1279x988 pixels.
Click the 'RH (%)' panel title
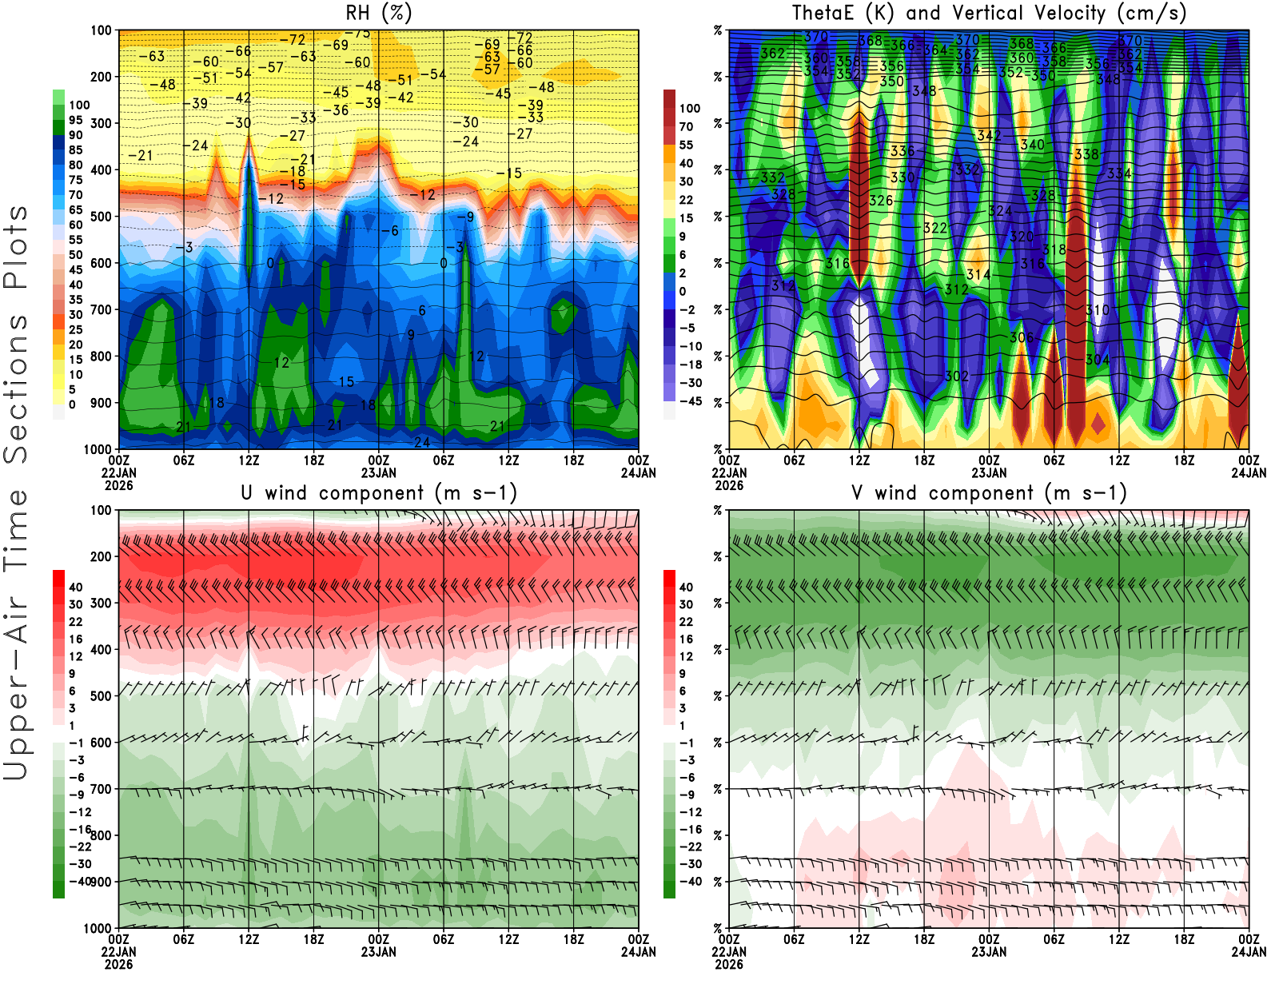tap(378, 13)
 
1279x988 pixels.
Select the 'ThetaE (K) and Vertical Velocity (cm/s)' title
tap(989, 13)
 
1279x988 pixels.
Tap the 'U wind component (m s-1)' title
tap(378, 492)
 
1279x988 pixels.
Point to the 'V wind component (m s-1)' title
tap(989, 492)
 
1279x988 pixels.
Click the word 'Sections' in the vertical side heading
tap(16, 388)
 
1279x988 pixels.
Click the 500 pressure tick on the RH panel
tap(102, 217)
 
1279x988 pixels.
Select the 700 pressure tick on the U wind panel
tap(102, 789)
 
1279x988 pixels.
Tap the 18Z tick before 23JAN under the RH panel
tap(314, 460)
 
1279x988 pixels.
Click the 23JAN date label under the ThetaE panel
tap(989, 472)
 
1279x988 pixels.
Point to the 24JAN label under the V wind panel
tap(1249, 952)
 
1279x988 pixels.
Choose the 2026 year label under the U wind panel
tap(118, 964)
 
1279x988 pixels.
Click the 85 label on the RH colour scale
tap(76, 150)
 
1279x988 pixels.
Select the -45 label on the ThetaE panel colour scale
tap(690, 401)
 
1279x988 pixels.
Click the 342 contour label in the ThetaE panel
tap(989, 136)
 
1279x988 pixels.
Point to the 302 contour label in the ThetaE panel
tap(957, 376)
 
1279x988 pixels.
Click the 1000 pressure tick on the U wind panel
tap(98, 929)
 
